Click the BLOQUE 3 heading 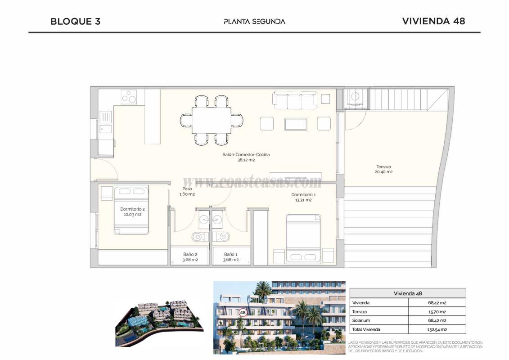click(75, 21)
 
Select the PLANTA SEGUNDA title click(254, 21)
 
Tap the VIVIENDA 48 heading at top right click(433, 21)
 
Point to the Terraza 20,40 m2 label click(383, 169)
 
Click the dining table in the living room click(212, 120)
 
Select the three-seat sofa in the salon click(295, 100)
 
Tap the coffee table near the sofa click(295, 124)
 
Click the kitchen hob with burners click(129, 97)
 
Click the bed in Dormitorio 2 click(131, 210)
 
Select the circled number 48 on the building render click(243, 312)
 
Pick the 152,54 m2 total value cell click(437, 329)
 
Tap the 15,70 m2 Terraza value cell click(437, 311)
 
